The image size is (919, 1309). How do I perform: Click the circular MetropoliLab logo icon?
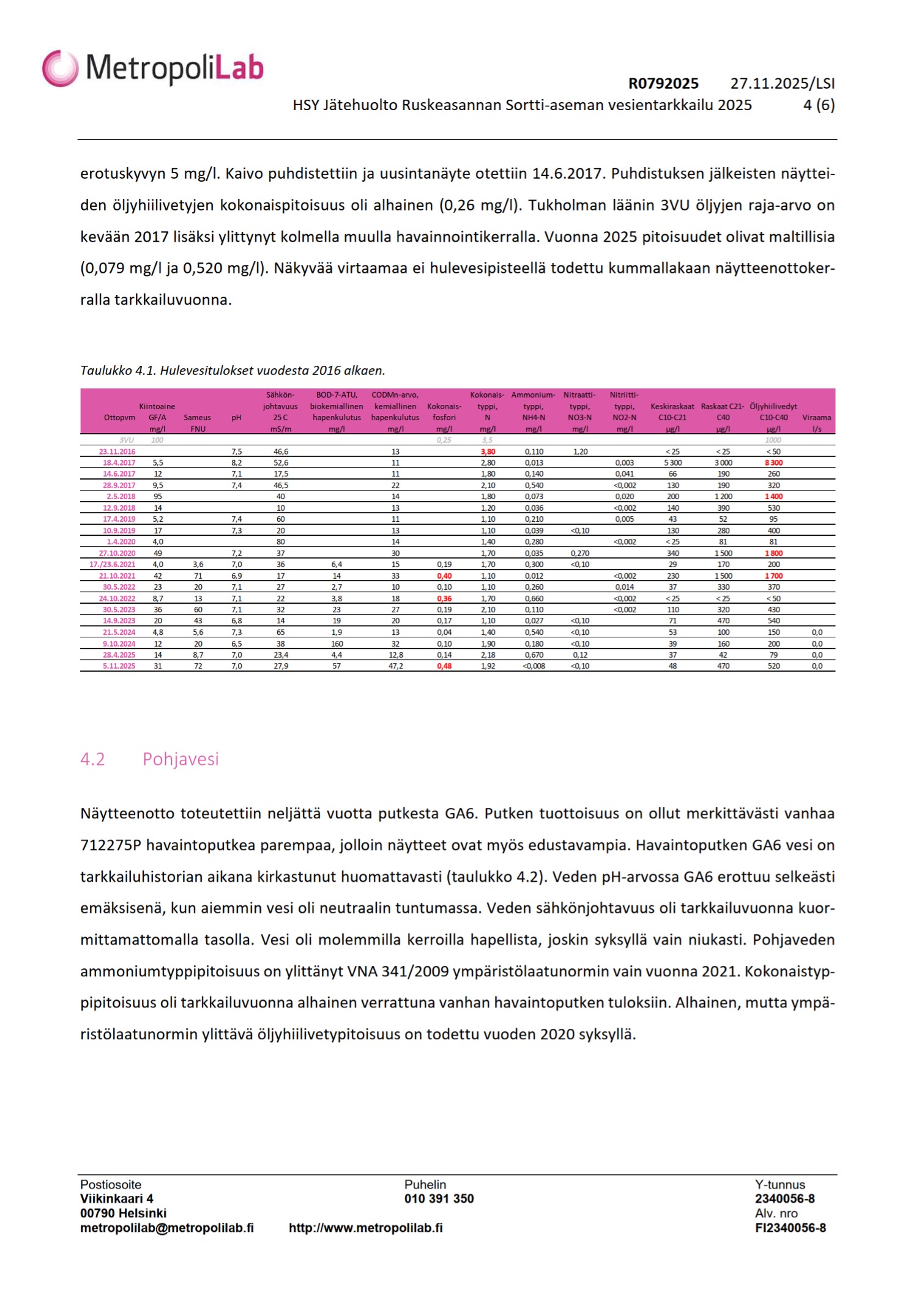[60, 68]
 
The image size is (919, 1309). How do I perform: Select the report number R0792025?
[663, 84]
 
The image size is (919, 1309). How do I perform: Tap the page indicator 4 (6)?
[819, 105]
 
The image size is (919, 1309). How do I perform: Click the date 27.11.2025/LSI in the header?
[783, 84]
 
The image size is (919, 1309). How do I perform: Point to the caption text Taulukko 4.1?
[118, 371]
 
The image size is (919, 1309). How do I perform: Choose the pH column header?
[236, 418]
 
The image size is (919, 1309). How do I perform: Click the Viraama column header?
[817, 418]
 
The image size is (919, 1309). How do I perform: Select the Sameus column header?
[197, 418]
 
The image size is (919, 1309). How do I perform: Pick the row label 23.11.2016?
[117, 452]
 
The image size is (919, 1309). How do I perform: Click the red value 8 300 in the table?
[773, 463]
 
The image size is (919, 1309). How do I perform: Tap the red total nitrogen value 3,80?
[488, 452]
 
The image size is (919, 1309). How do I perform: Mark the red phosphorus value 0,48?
[444, 666]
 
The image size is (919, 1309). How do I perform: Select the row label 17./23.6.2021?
[113, 565]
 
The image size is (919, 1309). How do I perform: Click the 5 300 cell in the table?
[672, 463]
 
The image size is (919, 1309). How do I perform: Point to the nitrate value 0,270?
[579, 554]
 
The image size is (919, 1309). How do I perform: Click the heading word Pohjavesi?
[180, 759]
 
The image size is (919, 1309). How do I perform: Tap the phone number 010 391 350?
[439, 1199]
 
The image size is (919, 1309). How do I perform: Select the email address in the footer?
[167, 1228]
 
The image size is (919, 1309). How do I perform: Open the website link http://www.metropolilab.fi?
[365, 1228]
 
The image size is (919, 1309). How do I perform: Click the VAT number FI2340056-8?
[790, 1228]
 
